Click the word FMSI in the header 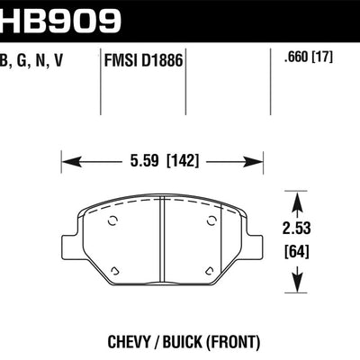120,62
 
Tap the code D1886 159,62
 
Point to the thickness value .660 292,62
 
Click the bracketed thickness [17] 321,62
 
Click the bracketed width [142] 184,163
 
